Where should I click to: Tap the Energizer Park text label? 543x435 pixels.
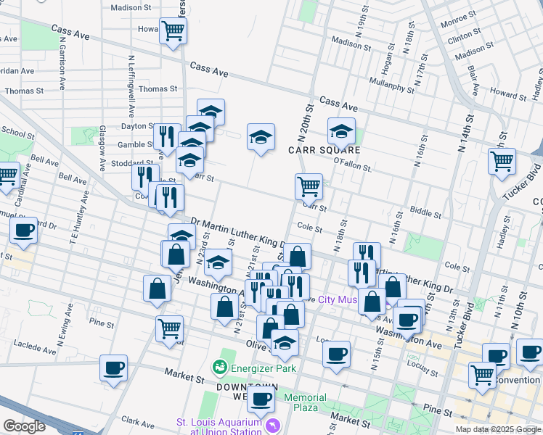[264, 368]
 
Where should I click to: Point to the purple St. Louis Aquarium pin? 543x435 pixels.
[272, 424]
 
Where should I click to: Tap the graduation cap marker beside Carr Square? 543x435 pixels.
[340, 131]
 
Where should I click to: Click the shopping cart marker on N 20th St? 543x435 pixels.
[309, 186]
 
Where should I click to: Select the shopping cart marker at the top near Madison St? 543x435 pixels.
[173, 31]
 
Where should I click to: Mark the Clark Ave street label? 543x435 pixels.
[139, 420]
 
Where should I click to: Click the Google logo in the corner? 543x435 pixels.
[23, 426]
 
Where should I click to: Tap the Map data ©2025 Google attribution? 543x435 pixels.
[497, 429]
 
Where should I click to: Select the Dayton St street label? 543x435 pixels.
[134, 125]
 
